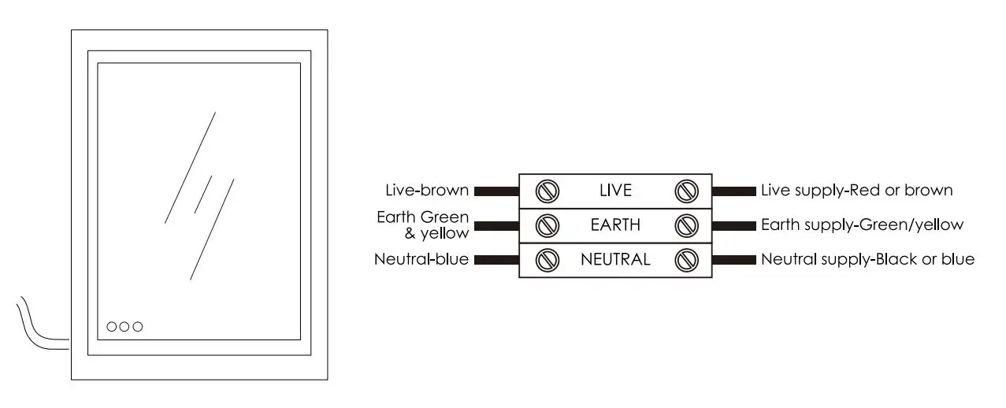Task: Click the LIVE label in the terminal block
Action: [x=616, y=191]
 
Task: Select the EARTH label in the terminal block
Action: [x=616, y=225]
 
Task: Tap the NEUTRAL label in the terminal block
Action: [x=615, y=259]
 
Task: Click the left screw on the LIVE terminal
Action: [x=548, y=191]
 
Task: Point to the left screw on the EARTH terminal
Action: [x=548, y=225]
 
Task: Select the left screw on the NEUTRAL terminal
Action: [x=548, y=259]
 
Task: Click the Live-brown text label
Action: [x=427, y=191]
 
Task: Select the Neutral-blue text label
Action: [x=421, y=259]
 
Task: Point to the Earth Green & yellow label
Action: [x=423, y=224]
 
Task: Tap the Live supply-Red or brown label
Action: [x=857, y=191]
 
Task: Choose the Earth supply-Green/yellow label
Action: [x=862, y=225]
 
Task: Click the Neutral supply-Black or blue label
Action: [x=867, y=259]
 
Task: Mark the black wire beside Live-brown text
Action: [x=496, y=191]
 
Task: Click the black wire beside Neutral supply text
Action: [x=734, y=259]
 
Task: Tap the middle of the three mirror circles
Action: [x=124, y=326]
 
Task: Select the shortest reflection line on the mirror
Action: [x=204, y=194]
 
